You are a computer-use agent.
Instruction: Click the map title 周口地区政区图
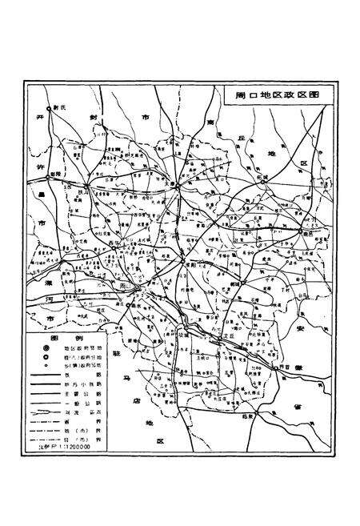(x=278, y=93)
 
